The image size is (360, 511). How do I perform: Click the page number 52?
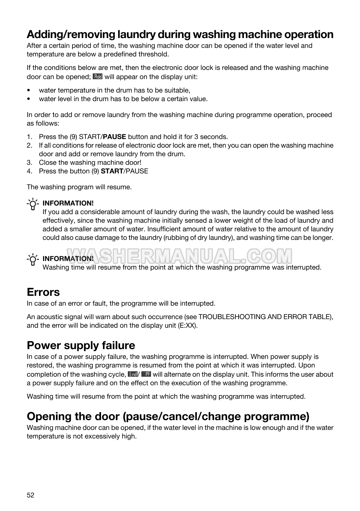click(x=30, y=495)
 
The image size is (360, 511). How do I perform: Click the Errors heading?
click(x=43, y=292)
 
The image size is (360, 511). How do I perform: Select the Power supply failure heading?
click(x=81, y=345)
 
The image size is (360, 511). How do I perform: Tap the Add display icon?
click(x=97, y=77)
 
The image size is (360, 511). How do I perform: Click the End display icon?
click(x=132, y=374)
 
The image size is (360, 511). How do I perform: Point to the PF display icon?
click(x=146, y=374)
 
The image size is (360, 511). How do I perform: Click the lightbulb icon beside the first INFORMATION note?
click(x=33, y=204)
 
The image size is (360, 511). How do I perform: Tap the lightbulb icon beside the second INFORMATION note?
click(x=33, y=260)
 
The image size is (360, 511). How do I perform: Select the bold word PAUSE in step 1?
click(x=114, y=137)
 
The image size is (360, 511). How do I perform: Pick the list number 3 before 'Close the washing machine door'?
click(x=29, y=163)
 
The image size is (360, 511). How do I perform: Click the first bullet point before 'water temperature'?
click(x=29, y=90)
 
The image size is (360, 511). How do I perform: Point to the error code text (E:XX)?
click(x=187, y=326)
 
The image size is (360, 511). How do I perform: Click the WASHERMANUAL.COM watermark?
click(x=179, y=256)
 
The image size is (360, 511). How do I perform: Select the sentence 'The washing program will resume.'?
click(x=79, y=187)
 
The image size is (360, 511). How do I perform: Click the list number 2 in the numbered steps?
click(x=29, y=146)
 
